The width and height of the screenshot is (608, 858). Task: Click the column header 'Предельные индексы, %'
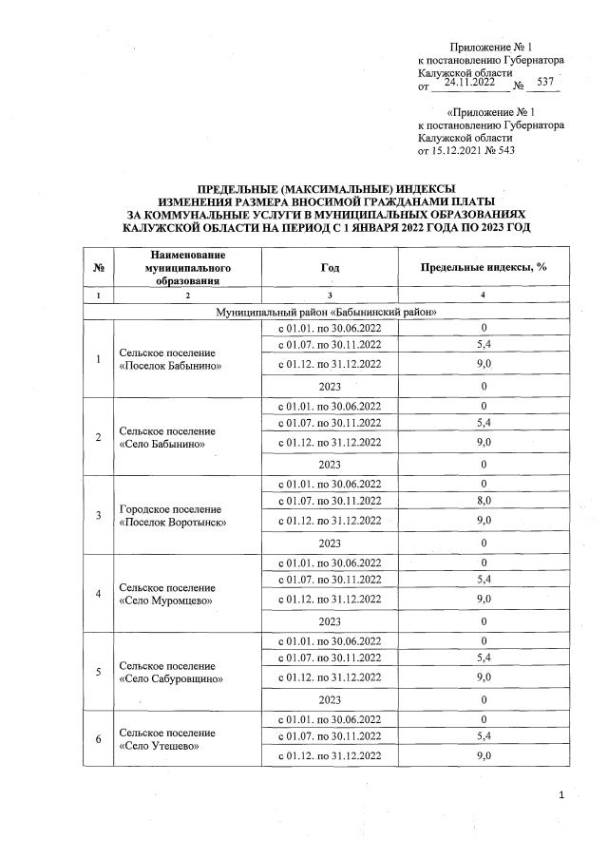tap(484, 267)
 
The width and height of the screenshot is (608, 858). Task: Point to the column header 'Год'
tap(330, 267)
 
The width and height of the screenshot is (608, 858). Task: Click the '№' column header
tap(99, 267)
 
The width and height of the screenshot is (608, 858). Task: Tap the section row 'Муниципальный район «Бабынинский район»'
tap(326, 312)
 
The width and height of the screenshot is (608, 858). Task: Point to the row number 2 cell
tap(99, 438)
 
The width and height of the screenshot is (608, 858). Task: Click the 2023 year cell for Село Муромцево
tap(330, 620)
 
